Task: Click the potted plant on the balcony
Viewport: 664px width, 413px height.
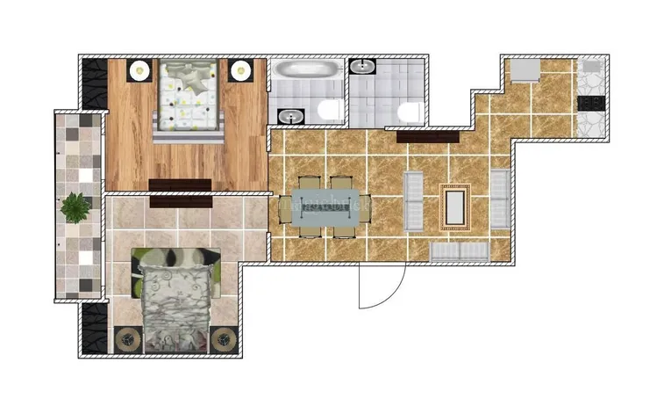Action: pos(75,207)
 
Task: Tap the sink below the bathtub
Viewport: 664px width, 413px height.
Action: pos(289,115)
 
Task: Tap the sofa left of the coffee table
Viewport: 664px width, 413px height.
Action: pos(414,201)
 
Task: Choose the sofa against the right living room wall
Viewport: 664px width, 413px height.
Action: pos(499,199)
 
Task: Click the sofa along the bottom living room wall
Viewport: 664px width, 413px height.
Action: pos(460,250)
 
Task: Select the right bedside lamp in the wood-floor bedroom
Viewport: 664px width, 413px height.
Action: pos(241,71)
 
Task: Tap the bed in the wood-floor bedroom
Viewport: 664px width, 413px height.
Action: pos(186,98)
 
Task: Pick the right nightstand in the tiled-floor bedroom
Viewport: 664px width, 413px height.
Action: pos(225,337)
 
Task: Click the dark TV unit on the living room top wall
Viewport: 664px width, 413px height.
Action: pos(427,136)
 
